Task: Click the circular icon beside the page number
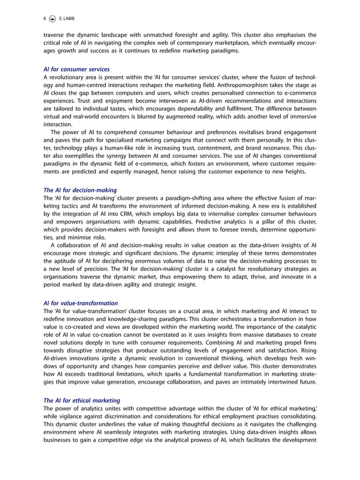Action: [54, 18]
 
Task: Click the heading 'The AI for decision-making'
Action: [80, 190]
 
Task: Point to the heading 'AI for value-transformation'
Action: [80, 303]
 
